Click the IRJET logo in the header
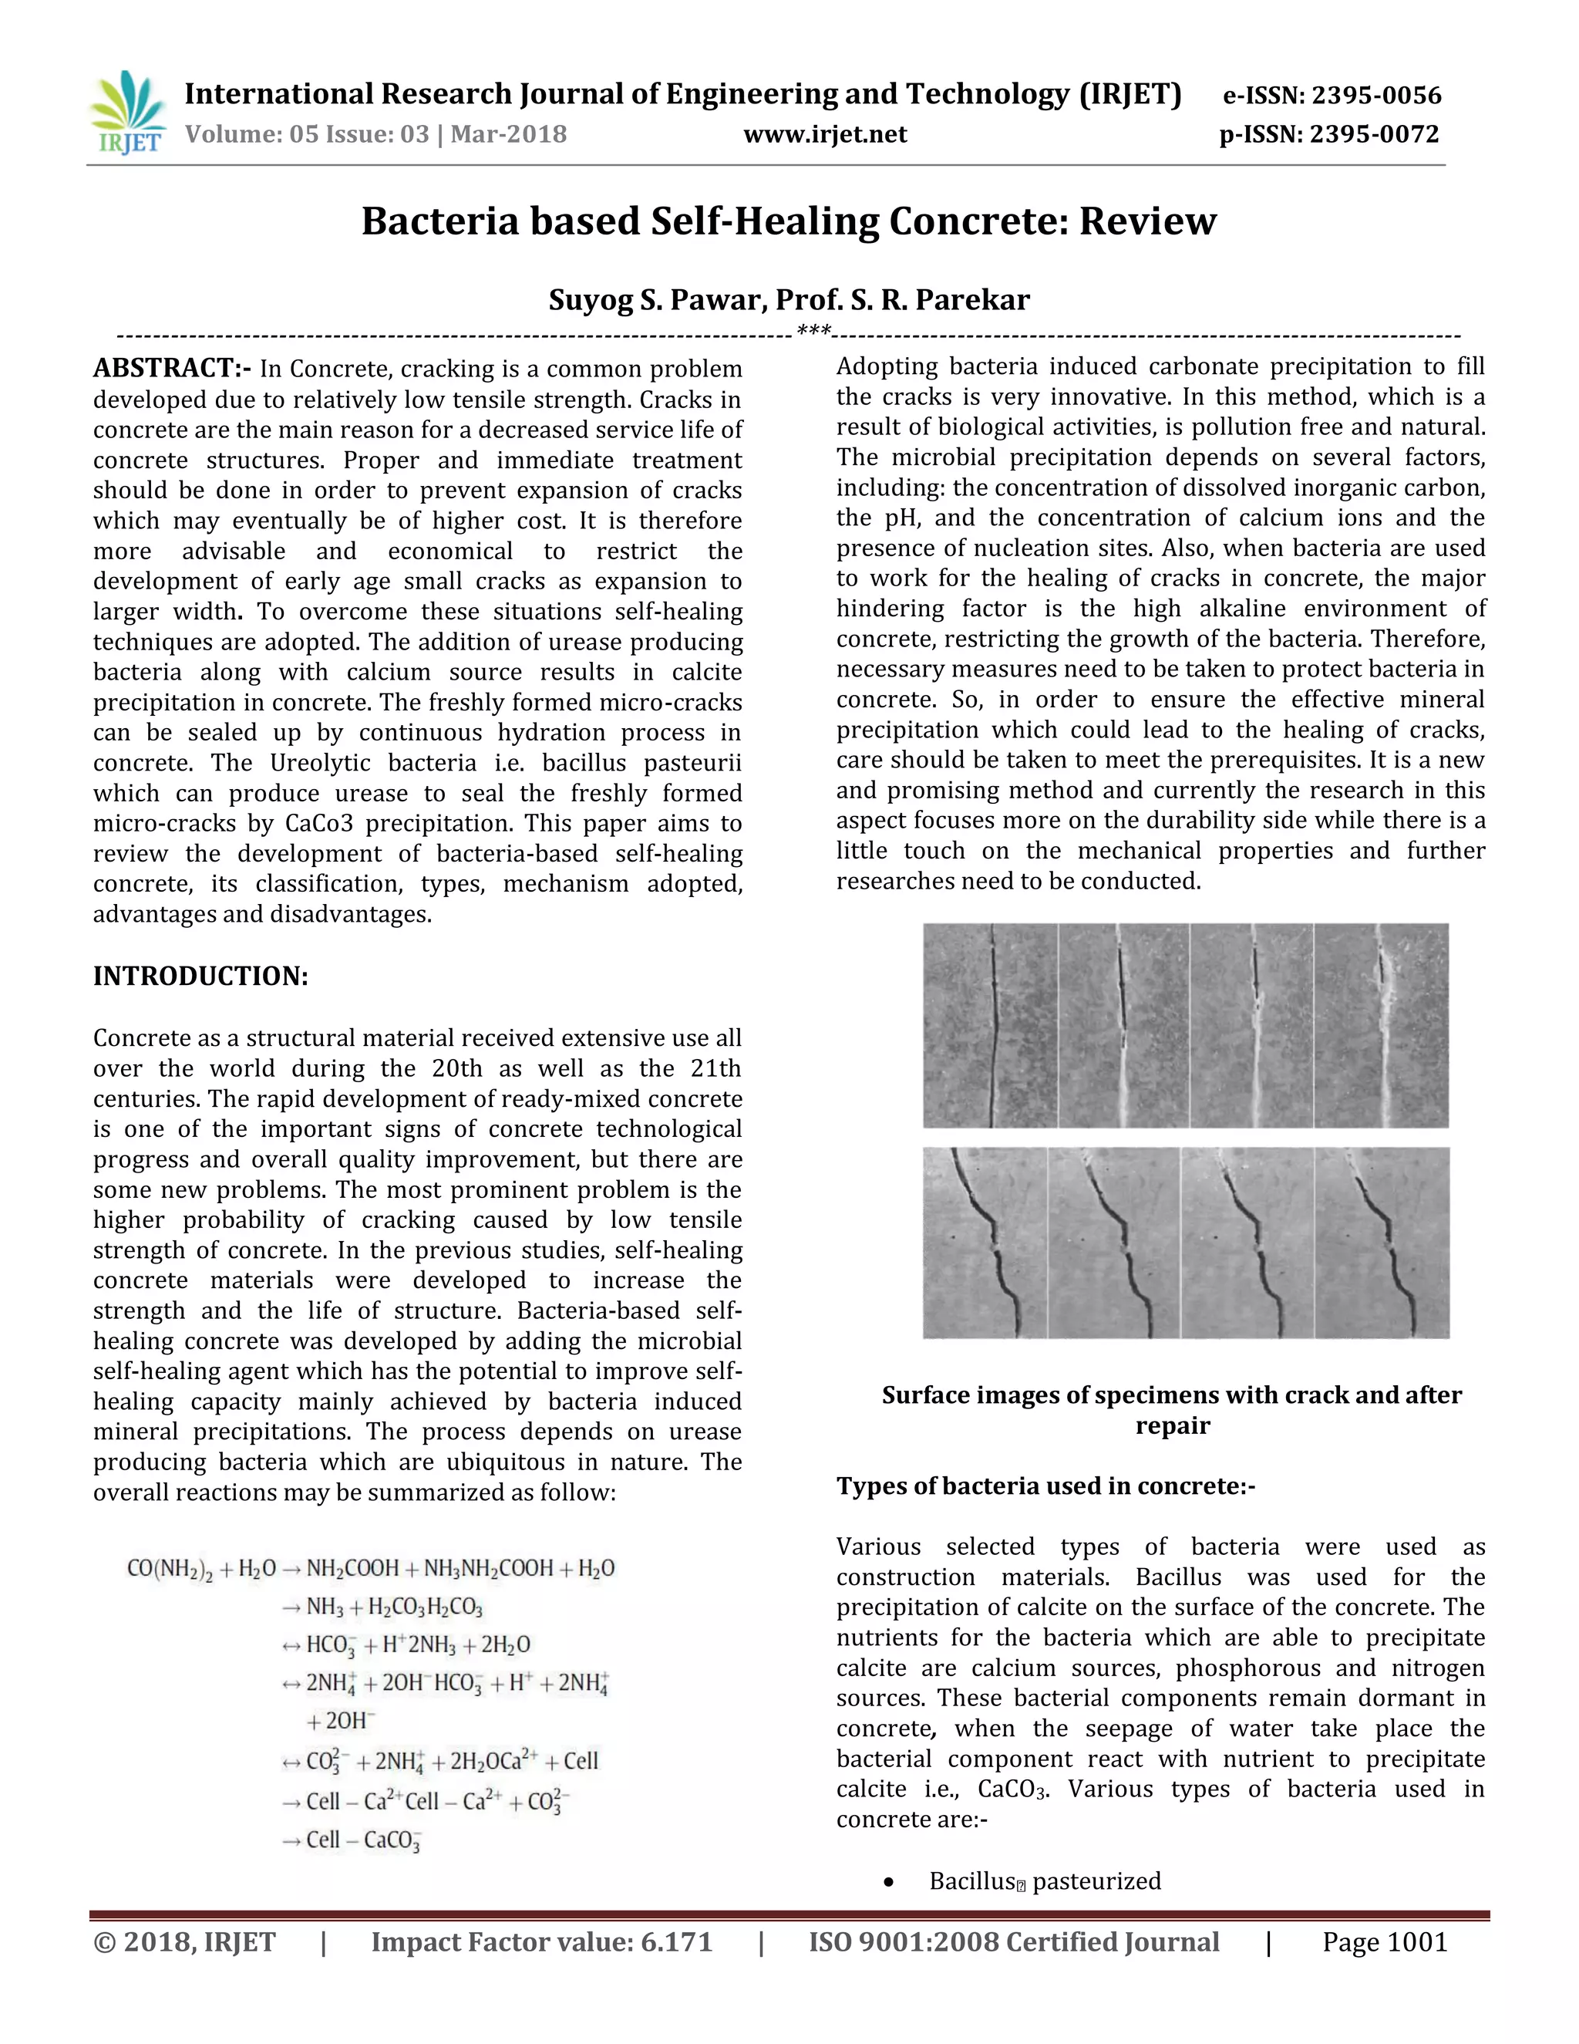tap(129, 113)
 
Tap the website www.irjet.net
tap(825, 135)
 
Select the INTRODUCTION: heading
tap(200, 976)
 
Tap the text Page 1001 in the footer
tap(1385, 1942)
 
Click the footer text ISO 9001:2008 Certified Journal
tap(1013, 1942)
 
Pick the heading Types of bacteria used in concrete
tap(1045, 1486)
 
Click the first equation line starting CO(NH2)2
tap(370, 1569)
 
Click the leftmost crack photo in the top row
tap(990, 1026)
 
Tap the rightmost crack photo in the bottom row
tap(1382, 1243)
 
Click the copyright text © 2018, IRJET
tap(184, 1942)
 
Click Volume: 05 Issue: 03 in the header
tap(307, 135)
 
